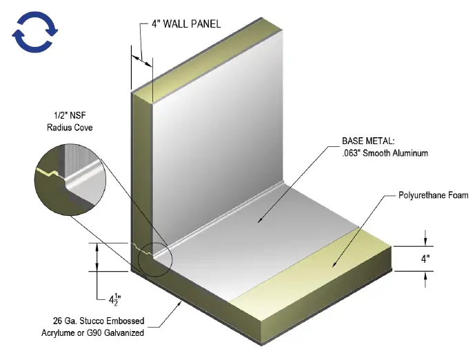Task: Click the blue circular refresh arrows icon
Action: click(x=34, y=32)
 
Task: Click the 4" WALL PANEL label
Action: click(x=186, y=24)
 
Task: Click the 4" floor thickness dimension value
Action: click(x=427, y=259)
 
